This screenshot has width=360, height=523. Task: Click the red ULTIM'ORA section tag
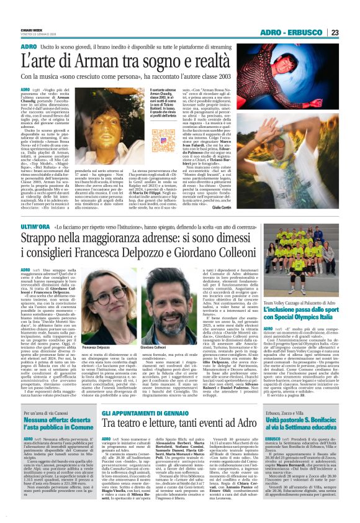(35, 213)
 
